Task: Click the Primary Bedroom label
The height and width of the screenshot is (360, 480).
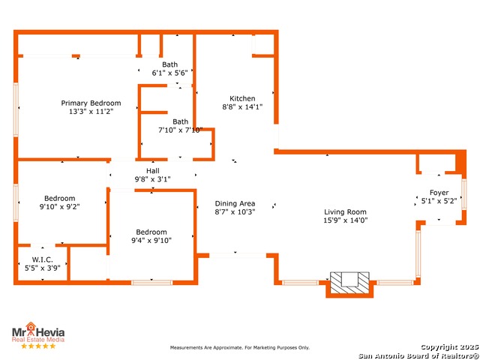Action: coord(91,103)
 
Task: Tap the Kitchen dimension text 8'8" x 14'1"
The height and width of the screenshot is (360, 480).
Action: coord(242,106)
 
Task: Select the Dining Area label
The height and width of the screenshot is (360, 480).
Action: coord(235,203)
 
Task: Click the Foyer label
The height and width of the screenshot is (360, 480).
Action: coord(439,193)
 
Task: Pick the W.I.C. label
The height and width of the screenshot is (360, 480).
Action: coord(43,259)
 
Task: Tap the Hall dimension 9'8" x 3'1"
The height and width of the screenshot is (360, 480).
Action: coord(153,179)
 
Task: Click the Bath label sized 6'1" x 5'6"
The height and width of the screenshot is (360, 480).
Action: coord(170,64)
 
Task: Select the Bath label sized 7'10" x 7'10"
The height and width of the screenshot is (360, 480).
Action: coord(181,121)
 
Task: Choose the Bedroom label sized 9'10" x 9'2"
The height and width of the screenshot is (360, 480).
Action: coord(60,198)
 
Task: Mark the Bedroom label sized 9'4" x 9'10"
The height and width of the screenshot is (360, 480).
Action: coord(151,232)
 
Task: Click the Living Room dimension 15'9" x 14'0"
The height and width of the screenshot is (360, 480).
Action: coord(346,220)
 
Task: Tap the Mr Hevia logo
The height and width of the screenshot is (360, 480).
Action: coord(38,331)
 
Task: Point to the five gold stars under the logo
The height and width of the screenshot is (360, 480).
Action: coord(38,346)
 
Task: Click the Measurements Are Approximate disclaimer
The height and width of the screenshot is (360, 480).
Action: coord(240,347)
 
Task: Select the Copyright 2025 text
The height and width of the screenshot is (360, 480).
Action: coord(449,346)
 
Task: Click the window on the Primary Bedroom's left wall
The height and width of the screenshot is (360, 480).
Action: coord(16,109)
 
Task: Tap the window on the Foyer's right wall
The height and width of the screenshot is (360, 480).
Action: coord(464,194)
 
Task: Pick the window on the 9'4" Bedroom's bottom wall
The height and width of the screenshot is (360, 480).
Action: coord(151,283)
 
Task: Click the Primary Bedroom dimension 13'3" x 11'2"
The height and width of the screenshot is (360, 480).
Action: coord(91,112)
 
